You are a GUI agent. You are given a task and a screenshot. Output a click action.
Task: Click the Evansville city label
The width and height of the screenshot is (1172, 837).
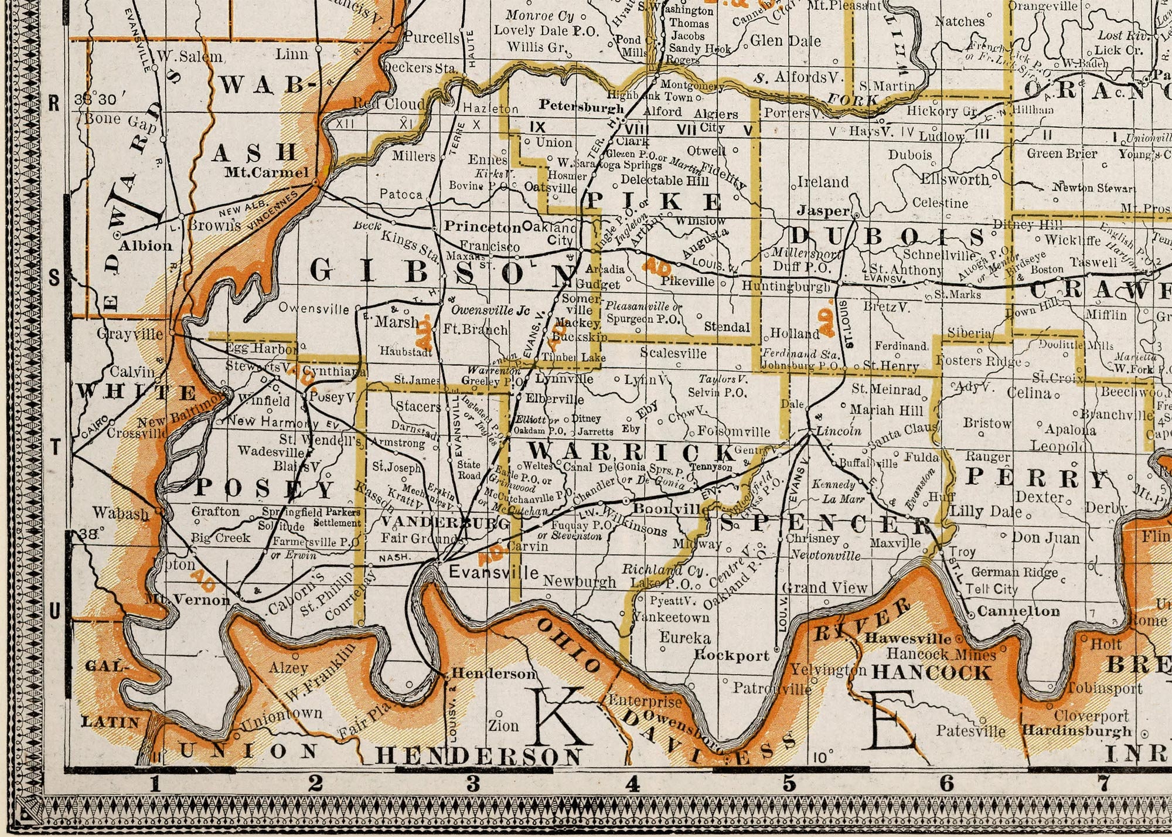[x=493, y=572]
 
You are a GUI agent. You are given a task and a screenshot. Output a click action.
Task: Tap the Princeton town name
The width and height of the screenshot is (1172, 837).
[x=482, y=227]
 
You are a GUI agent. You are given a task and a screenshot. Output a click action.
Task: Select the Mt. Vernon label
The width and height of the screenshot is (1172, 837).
[x=187, y=600]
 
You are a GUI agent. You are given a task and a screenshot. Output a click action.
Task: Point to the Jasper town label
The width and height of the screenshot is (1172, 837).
[x=823, y=210]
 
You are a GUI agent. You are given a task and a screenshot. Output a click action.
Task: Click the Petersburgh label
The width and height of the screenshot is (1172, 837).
[x=581, y=107]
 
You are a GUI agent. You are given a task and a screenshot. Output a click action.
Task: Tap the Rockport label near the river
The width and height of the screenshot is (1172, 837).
[x=731, y=655]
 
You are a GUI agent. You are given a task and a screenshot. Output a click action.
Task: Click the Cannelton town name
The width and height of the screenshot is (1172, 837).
[x=1018, y=611]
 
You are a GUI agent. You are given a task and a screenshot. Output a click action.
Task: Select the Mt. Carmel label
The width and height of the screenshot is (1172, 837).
[x=267, y=173]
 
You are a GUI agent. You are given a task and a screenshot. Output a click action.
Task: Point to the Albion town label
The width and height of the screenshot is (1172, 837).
[x=145, y=246]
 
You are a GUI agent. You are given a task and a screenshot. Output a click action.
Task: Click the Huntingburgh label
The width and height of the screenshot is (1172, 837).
[x=786, y=286]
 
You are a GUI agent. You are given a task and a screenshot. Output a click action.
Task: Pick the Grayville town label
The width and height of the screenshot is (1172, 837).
[x=130, y=334]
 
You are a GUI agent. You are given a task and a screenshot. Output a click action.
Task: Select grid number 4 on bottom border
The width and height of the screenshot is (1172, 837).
[x=632, y=784]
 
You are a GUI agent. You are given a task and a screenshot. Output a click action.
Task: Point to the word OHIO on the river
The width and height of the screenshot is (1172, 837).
[x=568, y=645]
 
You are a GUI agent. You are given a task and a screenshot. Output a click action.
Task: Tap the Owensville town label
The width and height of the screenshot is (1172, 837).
[x=314, y=308]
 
